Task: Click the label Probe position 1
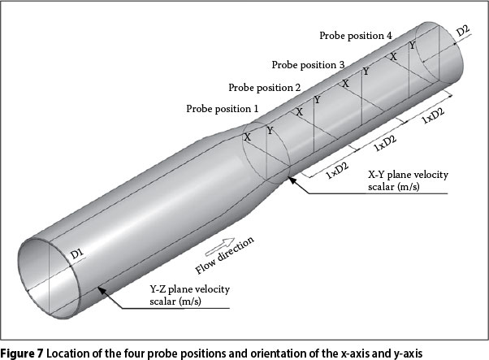tap(222, 108)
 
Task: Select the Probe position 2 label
tap(265, 87)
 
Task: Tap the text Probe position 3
tap(308, 64)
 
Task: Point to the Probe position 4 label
tap(356, 36)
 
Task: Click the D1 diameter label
tap(77, 255)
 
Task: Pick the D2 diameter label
tap(462, 31)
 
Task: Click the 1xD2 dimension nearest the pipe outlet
tap(432, 115)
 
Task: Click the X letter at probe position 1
tap(247, 137)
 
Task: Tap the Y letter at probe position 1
tap(269, 130)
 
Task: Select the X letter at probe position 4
tap(394, 57)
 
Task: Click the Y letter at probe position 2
tap(317, 100)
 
